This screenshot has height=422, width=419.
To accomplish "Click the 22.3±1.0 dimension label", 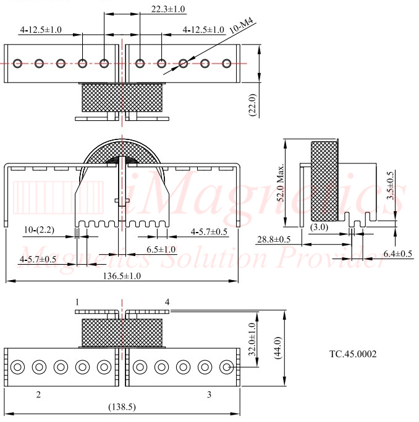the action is click(x=168, y=9).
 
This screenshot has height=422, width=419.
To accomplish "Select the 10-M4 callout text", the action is click(x=241, y=25).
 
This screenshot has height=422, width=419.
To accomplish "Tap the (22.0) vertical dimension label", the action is click(x=252, y=105).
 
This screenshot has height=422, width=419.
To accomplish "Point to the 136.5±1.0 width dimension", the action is click(x=122, y=276).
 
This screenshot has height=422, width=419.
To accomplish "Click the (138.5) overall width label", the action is click(x=122, y=407).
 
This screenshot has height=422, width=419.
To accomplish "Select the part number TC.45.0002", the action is click(x=353, y=354).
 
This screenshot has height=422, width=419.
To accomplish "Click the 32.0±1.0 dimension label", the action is click(x=252, y=339).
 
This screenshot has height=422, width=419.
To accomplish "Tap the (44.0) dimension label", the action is click(x=277, y=347).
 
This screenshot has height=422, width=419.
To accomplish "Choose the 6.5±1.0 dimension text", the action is click(x=161, y=249).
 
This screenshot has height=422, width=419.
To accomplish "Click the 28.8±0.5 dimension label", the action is click(x=274, y=239).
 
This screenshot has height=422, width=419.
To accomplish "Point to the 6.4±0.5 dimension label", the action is click(x=398, y=254).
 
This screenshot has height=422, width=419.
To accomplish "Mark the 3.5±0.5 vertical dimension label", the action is click(x=390, y=186).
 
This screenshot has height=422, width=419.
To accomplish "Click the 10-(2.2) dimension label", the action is click(x=39, y=230).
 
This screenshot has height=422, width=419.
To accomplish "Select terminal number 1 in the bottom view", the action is click(x=77, y=302).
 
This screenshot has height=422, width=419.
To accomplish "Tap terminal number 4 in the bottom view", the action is click(x=167, y=302).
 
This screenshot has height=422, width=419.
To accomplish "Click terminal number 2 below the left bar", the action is click(x=38, y=395).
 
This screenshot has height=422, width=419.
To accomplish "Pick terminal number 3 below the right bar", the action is click(x=209, y=395).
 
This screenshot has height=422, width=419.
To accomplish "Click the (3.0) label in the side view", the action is click(x=319, y=228).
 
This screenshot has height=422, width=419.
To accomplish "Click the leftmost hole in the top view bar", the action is click(x=17, y=64).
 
